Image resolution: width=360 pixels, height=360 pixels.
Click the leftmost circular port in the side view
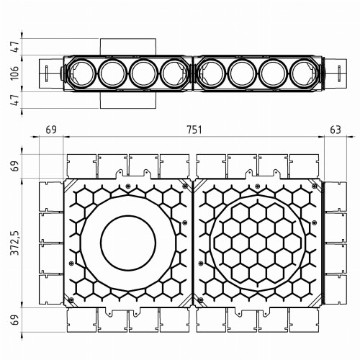80,73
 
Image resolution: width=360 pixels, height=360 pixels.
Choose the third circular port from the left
143,73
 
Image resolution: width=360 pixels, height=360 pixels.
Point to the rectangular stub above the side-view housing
127,47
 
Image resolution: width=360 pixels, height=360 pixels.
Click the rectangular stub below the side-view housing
127,101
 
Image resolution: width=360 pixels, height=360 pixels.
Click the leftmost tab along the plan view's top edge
80,166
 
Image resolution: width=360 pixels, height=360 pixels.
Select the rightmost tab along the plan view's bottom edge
306,322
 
